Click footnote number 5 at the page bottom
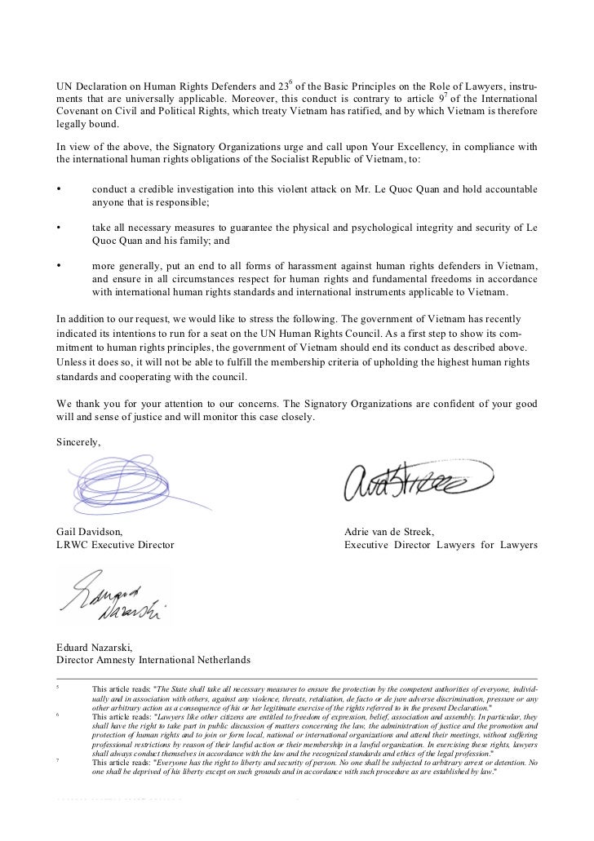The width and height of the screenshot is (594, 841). click(x=57, y=686)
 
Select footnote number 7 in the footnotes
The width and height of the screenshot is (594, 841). click(x=57, y=759)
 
